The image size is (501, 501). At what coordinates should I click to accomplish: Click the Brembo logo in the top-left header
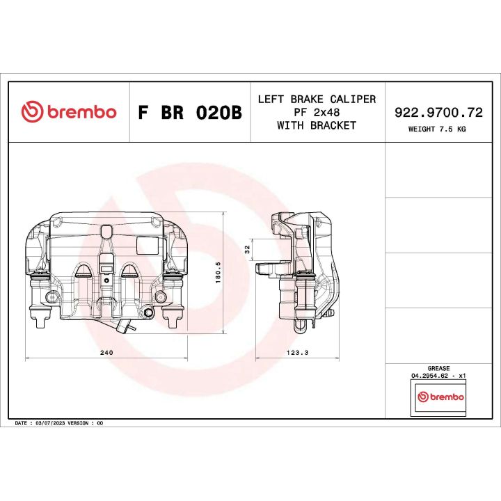click(x=68, y=112)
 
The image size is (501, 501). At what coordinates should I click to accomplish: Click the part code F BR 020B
click(x=189, y=113)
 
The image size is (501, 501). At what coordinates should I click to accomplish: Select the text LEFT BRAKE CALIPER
click(x=317, y=99)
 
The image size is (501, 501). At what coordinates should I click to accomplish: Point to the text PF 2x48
click(x=317, y=112)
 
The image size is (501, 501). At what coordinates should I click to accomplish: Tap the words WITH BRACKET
click(x=317, y=125)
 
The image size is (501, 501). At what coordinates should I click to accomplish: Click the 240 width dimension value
click(x=106, y=353)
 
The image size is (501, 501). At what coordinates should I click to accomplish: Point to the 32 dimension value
click(x=247, y=248)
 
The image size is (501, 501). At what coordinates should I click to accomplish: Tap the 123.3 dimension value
click(x=297, y=353)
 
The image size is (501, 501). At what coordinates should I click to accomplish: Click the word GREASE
click(x=438, y=368)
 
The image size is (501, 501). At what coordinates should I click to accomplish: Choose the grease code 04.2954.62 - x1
click(x=438, y=376)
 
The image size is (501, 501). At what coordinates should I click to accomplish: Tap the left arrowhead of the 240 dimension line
click(x=27, y=359)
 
